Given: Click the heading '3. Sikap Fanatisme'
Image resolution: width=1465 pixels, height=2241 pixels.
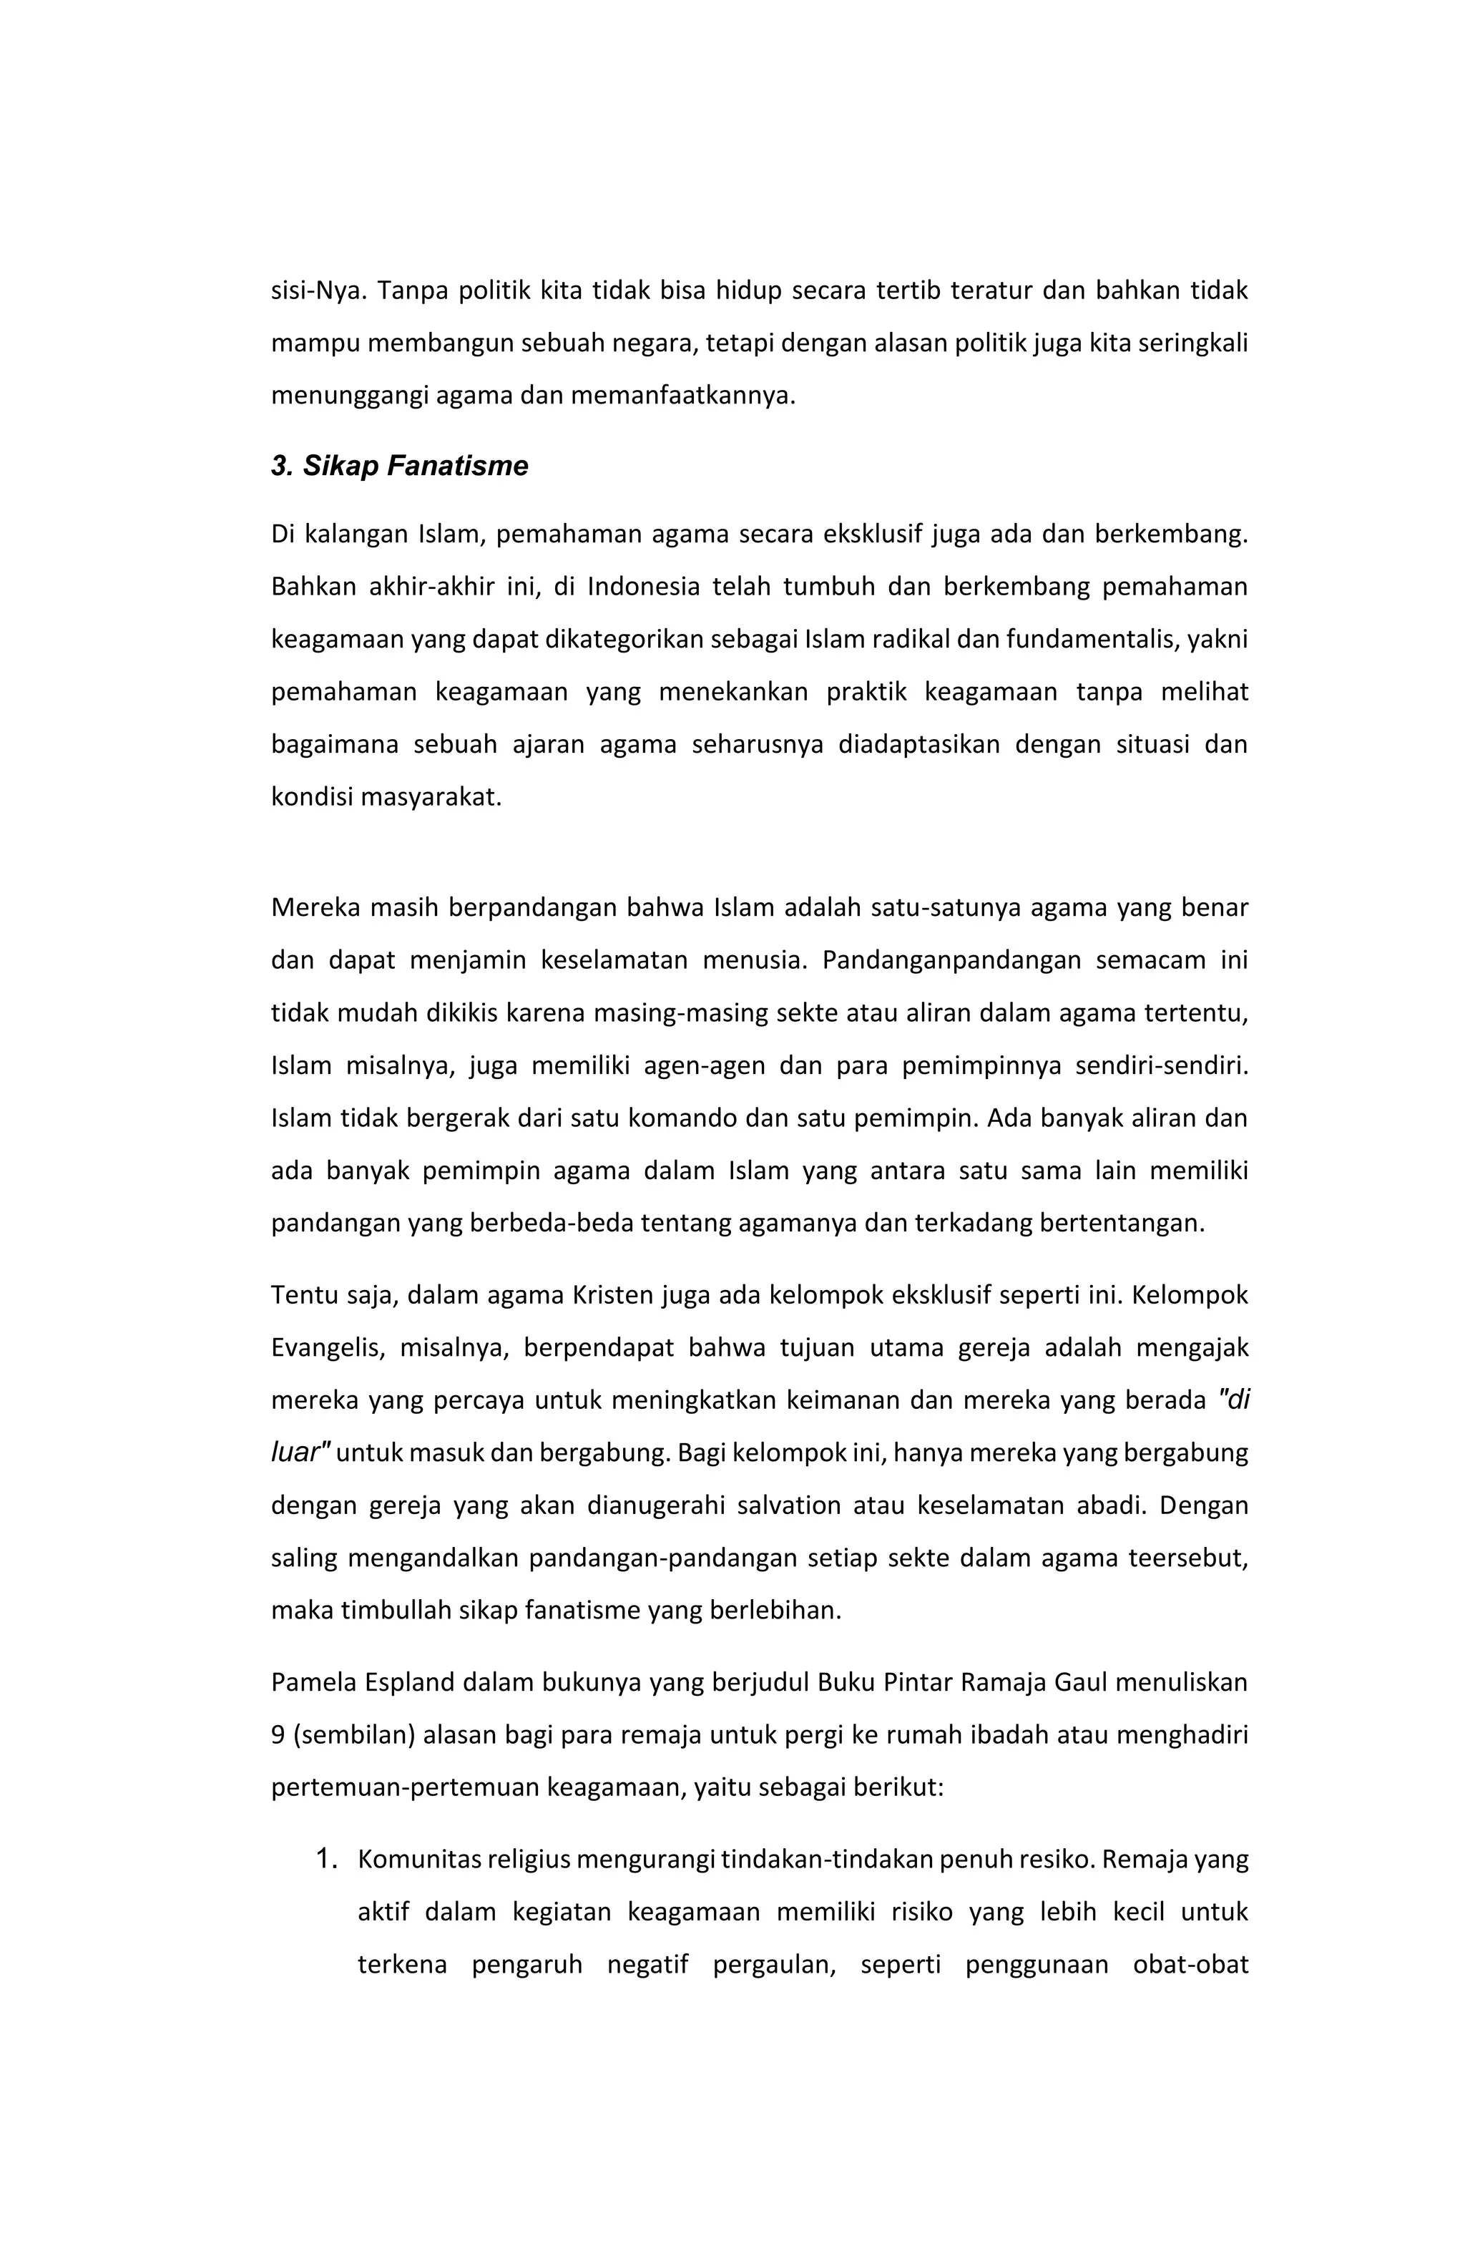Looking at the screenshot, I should pos(399,466).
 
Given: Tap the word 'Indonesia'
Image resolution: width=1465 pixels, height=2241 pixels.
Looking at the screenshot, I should pos(643,587).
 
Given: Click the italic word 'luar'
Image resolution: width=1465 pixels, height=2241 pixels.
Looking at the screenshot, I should pos(298,1453).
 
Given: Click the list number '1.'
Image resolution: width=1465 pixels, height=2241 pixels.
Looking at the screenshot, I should pos(325,1859).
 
